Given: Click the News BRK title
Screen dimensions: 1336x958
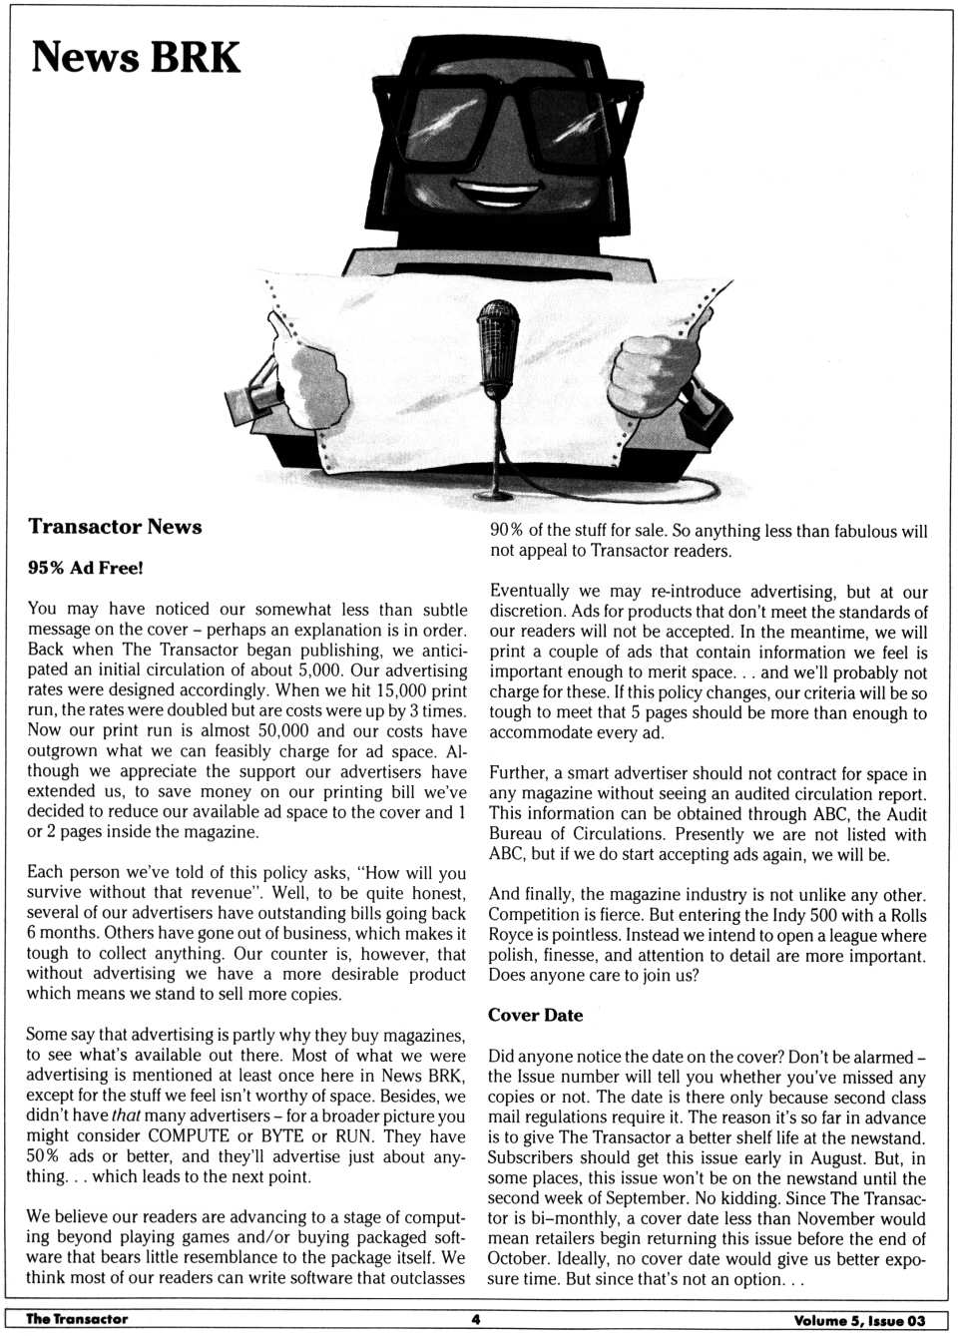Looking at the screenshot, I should point(136,58).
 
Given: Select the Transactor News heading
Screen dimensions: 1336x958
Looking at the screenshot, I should point(115,527).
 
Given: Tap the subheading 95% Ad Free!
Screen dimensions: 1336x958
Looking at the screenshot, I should point(86,568).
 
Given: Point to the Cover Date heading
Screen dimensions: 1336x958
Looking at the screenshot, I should point(535,1015).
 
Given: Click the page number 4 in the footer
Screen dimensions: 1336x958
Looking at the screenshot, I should point(476,1319).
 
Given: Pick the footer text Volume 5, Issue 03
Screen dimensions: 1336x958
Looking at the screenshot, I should point(859,1320).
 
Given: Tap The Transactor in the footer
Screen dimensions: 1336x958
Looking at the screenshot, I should point(77,1319).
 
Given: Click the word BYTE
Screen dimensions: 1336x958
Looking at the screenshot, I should point(284,1136).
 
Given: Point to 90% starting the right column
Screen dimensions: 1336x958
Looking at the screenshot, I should point(506,531).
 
